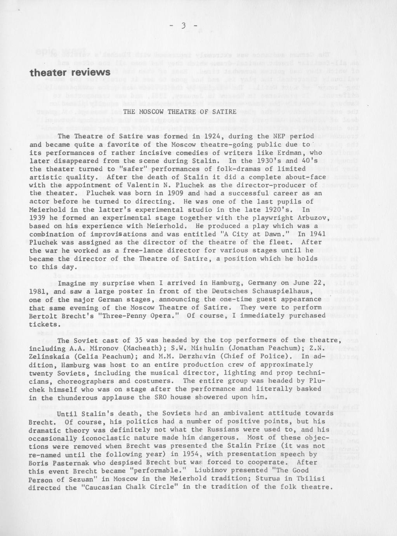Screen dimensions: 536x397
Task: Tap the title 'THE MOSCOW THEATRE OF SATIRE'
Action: point(173,112)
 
